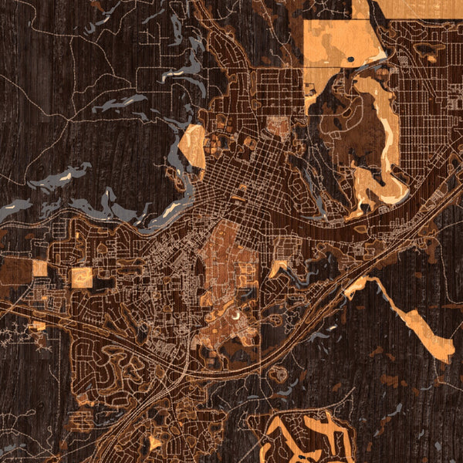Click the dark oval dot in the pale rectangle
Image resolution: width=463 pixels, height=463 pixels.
(351, 59)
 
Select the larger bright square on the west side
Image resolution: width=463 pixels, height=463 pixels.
(82, 277)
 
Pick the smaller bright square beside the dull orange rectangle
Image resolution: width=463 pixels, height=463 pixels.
(39, 268)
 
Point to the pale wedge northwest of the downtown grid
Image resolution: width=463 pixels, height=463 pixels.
(193, 144)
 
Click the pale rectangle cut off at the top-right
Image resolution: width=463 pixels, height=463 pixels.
(407, 8)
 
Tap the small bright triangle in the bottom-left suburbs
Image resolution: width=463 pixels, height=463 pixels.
(155, 442)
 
